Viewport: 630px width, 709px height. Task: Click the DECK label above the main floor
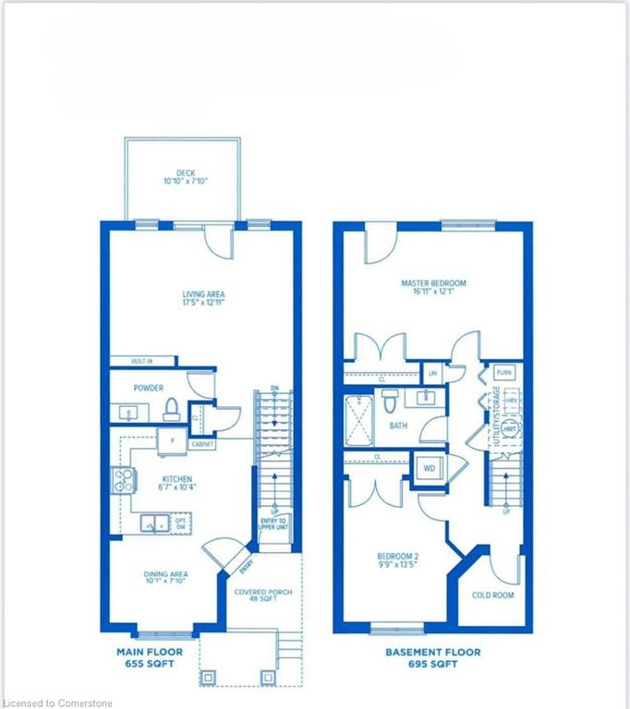182,172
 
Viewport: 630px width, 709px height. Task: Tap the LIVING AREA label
202,295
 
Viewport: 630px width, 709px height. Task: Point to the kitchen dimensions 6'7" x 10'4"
176,489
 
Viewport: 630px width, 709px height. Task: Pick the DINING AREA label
166,574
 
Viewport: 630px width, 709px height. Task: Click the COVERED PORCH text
263,592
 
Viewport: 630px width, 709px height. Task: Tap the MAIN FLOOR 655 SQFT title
150,657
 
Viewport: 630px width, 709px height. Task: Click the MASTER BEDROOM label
433,282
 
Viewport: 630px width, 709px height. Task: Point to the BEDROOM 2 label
398,556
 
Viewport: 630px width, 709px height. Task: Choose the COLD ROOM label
492,595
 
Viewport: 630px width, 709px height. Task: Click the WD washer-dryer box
429,469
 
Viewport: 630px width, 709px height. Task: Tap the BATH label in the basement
398,426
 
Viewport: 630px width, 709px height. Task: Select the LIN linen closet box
431,373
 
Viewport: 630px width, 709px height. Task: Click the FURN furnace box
503,372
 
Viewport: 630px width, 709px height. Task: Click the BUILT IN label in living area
140,361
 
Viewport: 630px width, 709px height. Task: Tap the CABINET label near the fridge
202,444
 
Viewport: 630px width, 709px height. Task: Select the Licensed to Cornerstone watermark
57,703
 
